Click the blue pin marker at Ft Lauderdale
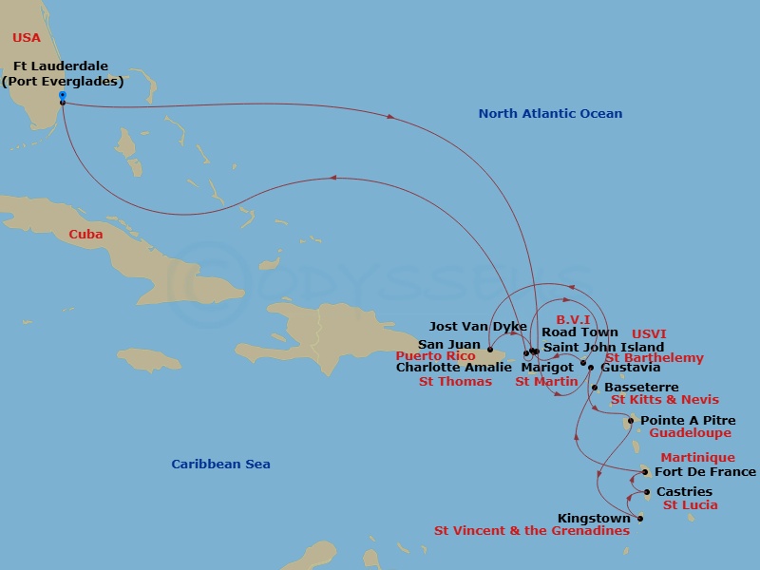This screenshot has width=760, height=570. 62,96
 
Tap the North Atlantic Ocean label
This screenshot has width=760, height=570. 550,114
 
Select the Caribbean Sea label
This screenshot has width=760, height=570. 220,465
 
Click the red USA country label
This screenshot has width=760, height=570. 27,38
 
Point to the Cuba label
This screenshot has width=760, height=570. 85,235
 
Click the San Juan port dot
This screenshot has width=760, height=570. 490,350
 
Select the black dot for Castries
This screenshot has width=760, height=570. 647,492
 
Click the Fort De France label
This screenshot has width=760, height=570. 706,472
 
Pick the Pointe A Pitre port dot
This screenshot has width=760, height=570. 630,421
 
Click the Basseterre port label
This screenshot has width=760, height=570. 641,388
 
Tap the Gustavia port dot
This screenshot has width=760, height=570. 590,368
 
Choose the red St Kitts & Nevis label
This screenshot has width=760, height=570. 664,400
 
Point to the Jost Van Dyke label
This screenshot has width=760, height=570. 478,327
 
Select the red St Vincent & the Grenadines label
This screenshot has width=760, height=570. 532,531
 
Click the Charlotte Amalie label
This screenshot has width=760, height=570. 453,368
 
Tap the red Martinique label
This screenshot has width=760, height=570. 697,458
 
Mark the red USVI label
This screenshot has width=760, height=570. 649,334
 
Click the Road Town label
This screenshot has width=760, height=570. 579,333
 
